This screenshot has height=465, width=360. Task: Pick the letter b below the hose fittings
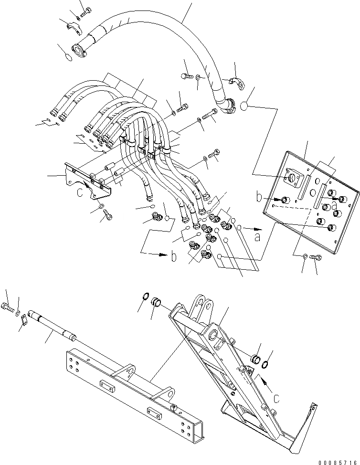click(x=174, y=257)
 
